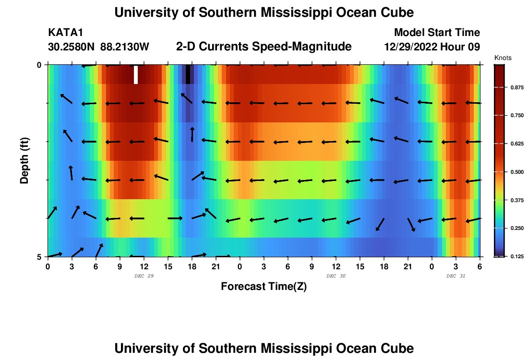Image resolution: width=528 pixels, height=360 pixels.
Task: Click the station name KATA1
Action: [x=65, y=33]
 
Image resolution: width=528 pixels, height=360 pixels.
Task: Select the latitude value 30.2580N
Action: [x=72, y=47]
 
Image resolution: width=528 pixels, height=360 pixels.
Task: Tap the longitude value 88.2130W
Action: [x=125, y=47]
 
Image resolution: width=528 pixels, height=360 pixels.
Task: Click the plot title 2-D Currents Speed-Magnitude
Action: [x=264, y=47]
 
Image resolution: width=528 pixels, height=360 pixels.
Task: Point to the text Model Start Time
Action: [x=437, y=33]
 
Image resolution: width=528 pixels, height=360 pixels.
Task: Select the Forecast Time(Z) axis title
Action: [x=264, y=287]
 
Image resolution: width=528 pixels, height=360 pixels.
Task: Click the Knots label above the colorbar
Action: [x=503, y=58]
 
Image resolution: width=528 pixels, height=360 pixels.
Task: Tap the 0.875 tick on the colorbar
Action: [x=516, y=87]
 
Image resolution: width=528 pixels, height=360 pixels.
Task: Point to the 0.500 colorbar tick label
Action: [x=516, y=172]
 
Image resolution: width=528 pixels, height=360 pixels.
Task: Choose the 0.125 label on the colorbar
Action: [x=516, y=256]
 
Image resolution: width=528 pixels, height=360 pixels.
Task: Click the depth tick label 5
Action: [x=39, y=257]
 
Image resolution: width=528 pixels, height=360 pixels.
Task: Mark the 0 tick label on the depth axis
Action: [x=39, y=65]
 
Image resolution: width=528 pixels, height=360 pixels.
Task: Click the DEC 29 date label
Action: [x=144, y=276]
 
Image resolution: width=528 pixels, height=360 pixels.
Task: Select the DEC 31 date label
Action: [x=456, y=276]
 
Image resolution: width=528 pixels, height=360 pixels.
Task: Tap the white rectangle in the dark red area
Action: [x=136, y=74]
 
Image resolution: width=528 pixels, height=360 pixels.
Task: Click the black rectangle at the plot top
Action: [x=188, y=74]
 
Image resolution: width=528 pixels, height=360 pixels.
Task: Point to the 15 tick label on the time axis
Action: [x=168, y=266]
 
